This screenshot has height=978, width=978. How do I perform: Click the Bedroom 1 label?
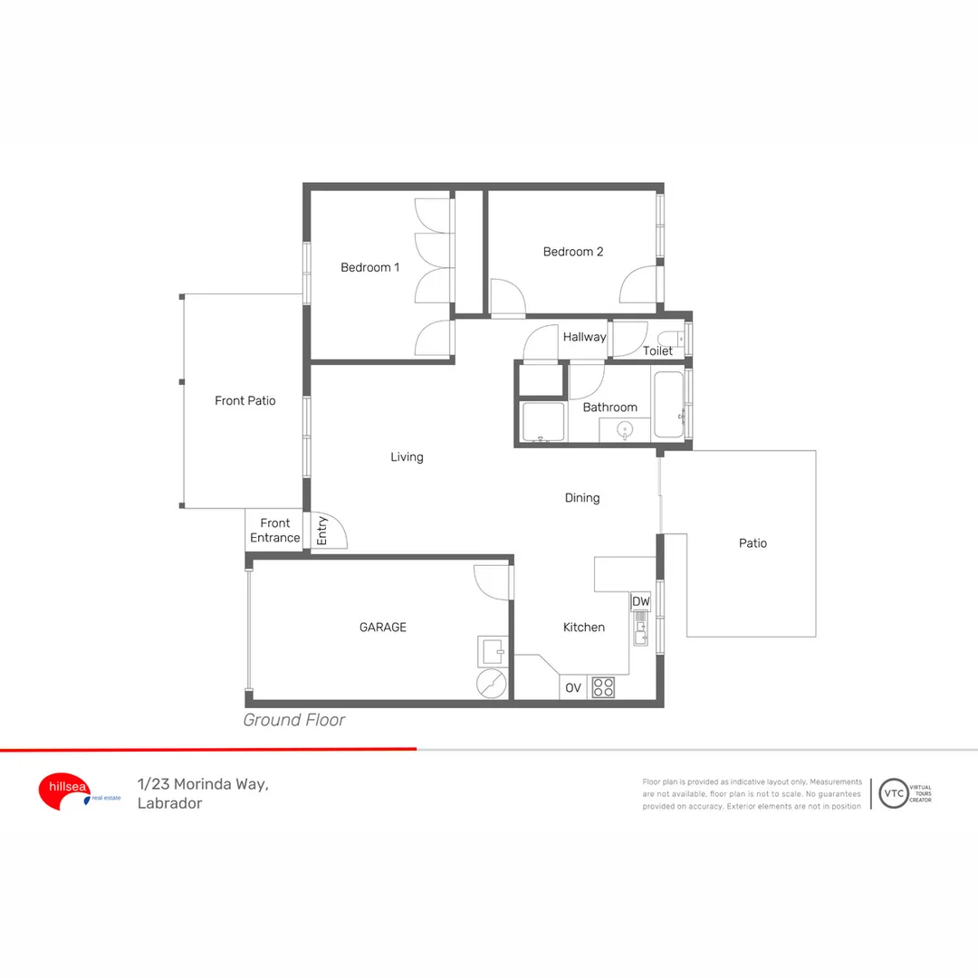point(369,267)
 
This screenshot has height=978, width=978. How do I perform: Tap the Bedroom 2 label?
point(572,252)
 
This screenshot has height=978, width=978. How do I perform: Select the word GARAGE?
point(383,627)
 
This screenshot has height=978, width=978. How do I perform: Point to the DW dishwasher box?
point(641,601)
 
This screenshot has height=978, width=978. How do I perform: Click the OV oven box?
point(573,688)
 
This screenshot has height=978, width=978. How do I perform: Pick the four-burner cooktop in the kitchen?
point(603,687)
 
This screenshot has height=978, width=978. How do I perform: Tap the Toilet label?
point(657,350)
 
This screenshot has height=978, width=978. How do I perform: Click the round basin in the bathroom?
point(626,429)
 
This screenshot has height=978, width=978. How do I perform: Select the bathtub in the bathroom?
point(670,404)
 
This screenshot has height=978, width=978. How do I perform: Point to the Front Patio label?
point(244,400)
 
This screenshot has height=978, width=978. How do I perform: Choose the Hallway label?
point(584,337)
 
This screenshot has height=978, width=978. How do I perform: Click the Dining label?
point(582,497)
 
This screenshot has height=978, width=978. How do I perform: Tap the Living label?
point(407,457)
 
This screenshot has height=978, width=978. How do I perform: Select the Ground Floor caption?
point(294,721)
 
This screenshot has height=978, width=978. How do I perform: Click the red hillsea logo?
point(63,790)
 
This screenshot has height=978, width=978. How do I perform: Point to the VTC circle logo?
point(894,793)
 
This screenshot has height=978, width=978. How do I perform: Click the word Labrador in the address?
point(169,803)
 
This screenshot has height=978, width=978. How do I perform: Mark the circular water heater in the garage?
point(494,684)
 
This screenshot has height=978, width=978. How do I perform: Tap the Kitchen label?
point(583,627)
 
